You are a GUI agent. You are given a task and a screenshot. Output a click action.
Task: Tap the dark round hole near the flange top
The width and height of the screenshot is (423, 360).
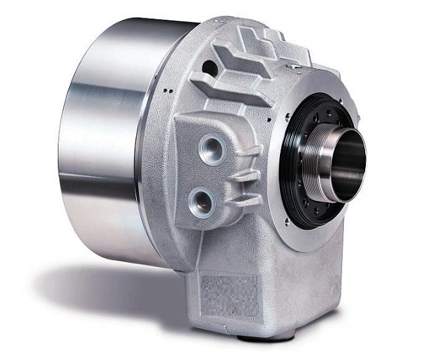(208, 67)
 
